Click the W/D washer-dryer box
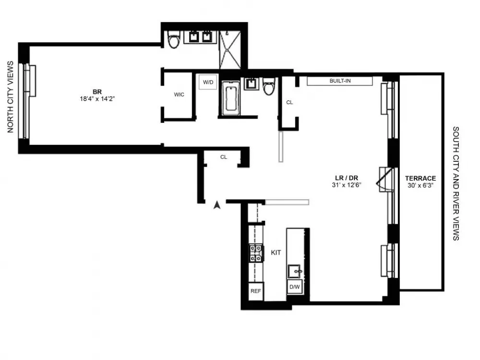click(x=208, y=82)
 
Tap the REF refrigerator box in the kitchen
click(x=256, y=291)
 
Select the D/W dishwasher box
click(x=295, y=287)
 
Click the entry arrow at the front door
click(x=217, y=205)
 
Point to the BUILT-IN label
click(x=340, y=81)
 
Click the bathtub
click(x=231, y=98)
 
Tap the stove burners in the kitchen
click(x=256, y=253)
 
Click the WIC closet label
click(x=179, y=95)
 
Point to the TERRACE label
click(x=420, y=178)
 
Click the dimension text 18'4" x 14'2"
click(x=97, y=99)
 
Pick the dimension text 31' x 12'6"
click(x=347, y=185)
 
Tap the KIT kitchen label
click(x=276, y=252)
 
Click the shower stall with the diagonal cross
click(x=230, y=49)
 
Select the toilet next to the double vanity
click(x=174, y=40)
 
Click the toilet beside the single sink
click(x=269, y=86)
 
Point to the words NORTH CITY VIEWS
click(x=11, y=97)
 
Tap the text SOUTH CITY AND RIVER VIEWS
click(x=456, y=183)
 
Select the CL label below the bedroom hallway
click(x=224, y=157)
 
